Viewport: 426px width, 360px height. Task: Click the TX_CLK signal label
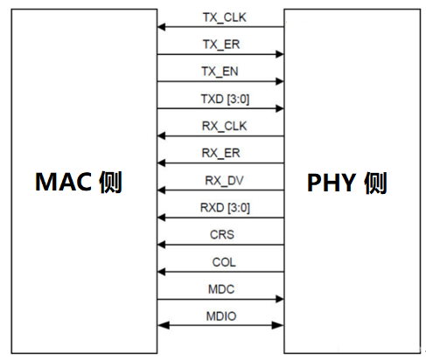223,16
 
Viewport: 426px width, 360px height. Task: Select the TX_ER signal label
223,44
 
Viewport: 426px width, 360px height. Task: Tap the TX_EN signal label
223,71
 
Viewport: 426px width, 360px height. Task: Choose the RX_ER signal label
223,153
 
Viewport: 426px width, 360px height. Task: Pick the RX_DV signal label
223,180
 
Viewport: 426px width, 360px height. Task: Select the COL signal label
223,261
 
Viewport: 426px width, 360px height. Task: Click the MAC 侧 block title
79,182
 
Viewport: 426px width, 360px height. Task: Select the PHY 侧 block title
347,183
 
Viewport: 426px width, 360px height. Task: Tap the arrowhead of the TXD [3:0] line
280,109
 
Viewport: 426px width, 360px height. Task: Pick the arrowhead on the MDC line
280,300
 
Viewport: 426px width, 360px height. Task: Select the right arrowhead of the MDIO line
280,327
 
